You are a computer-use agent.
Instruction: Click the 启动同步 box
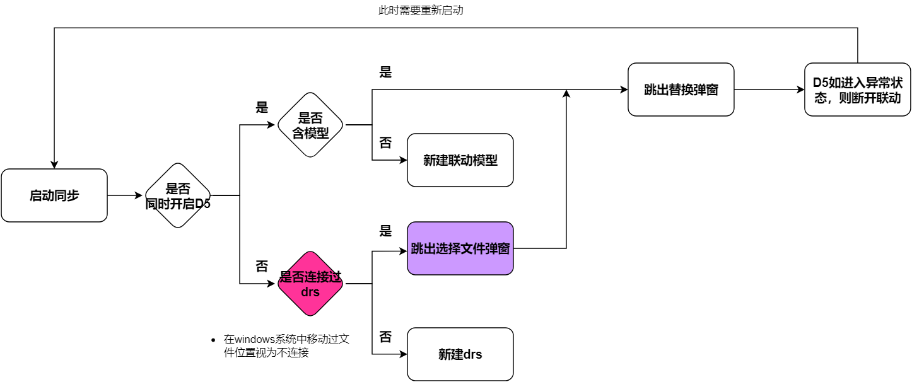point(54,195)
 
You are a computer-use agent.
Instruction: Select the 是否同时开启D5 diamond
point(178,195)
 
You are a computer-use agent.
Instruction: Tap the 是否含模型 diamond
point(310,125)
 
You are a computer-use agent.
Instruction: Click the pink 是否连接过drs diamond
point(310,284)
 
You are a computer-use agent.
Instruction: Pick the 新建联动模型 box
point(460,160)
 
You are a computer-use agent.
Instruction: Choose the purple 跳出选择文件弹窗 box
point(460,248)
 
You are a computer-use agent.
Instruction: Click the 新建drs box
point(460,354)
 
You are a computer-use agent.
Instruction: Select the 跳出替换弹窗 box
point(681,90)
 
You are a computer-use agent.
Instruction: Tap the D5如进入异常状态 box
point(858,90)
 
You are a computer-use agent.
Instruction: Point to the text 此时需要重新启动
point(421,10)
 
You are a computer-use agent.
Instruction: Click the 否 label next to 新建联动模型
point(385,143)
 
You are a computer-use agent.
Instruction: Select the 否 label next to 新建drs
point(385,337)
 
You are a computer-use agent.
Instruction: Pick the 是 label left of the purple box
point(385,231)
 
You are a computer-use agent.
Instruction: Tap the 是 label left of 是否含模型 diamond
point(262,108)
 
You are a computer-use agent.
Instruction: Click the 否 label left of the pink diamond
point(262,267)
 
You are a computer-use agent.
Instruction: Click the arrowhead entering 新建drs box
point(403,354)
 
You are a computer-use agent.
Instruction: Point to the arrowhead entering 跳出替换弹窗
point(624,90)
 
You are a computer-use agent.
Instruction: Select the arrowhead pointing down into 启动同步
point(54,165)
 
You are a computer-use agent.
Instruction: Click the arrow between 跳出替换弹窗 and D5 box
point(769,90)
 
